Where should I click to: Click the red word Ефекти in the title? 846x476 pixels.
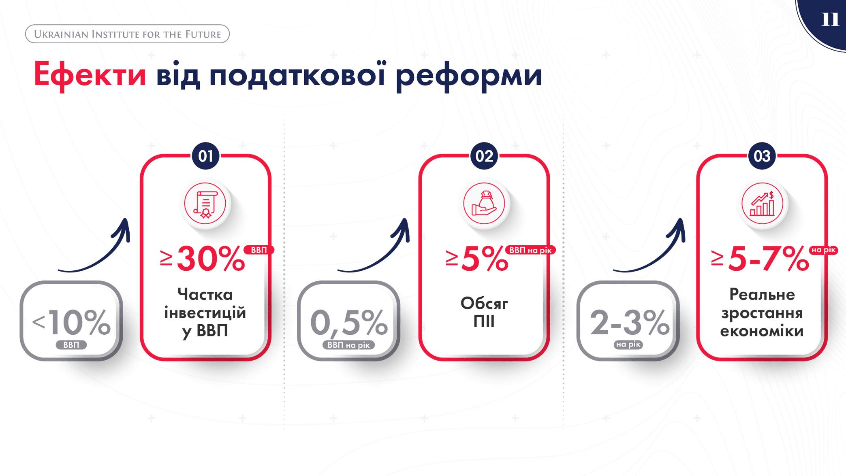click(x=90, y=75)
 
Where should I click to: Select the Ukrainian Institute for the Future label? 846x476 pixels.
click(x=127, y=34)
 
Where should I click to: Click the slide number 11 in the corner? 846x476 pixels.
click(x=830, y=19)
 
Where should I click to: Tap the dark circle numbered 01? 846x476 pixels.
click(x=205, y=156)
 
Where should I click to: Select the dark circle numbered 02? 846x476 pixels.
click(x=484, y=156)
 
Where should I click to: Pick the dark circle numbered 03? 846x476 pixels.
click(x=762, y=156)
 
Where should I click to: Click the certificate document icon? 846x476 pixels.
click(x=205, y=204)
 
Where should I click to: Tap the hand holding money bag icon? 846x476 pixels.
click(x=484, y=204)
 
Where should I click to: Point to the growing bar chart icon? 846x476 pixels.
click(x=762, y=204)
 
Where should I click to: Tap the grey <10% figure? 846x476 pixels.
click(x=71, y=323)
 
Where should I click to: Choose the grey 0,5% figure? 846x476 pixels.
click(x=349, y=323)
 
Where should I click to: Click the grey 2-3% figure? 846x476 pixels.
click(x=629, y=323)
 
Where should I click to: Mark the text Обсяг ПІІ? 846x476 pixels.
click(x=484, y=312)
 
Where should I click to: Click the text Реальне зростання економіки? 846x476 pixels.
click(x=762, y=312)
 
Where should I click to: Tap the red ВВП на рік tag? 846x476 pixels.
click(x=530, y=250)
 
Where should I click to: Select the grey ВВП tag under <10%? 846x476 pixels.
click(x=71, y=345)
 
